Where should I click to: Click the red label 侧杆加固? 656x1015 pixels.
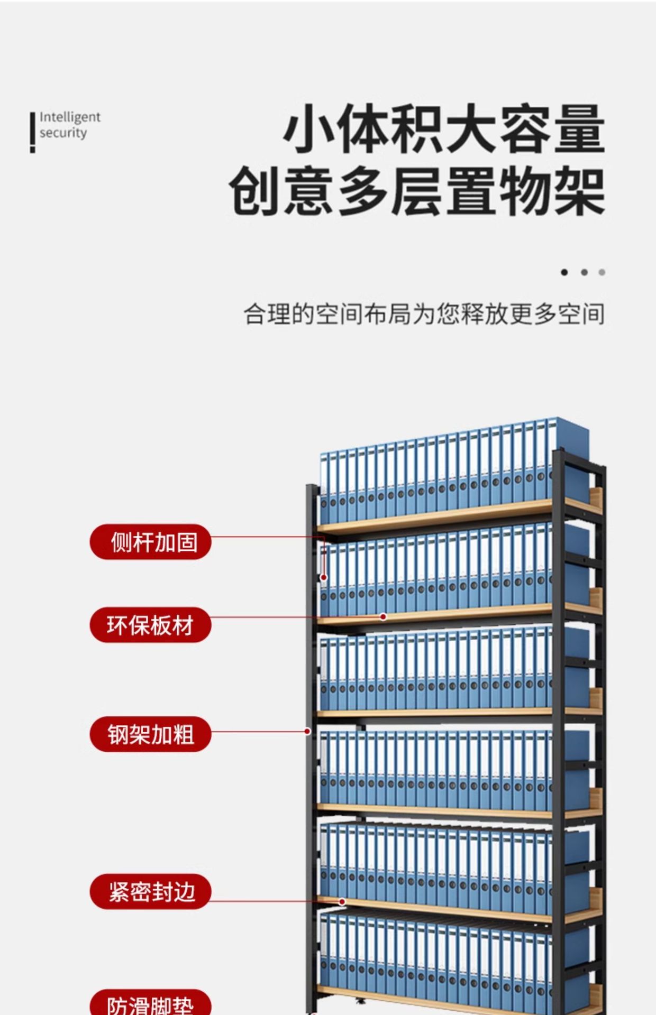point(151,542)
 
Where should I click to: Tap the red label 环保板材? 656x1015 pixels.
point(151,625)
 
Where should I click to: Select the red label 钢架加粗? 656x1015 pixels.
point(151,734)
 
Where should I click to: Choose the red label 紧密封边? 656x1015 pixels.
point(151,891)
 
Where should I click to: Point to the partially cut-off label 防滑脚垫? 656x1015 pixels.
point(151,1004)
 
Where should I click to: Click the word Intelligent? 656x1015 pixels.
point(70,117)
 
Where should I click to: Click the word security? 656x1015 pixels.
point(63,133)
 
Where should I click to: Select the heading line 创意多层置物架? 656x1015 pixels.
point(416,191)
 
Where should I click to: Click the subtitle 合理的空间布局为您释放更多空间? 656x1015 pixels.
point(424,314)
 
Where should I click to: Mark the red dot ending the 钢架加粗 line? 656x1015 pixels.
point(307,731)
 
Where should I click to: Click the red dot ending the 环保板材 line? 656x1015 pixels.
point(384,616)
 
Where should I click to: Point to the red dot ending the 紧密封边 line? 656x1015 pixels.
point(342,902)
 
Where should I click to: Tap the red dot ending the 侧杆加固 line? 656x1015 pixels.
point(324,578)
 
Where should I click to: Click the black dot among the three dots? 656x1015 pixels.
point(564,272)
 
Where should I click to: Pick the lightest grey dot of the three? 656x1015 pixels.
point(602,272)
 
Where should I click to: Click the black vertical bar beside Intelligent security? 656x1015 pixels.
point(33,132)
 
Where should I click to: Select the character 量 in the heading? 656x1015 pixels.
point(579,130)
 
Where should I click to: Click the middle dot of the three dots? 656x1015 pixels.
point(584,272)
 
